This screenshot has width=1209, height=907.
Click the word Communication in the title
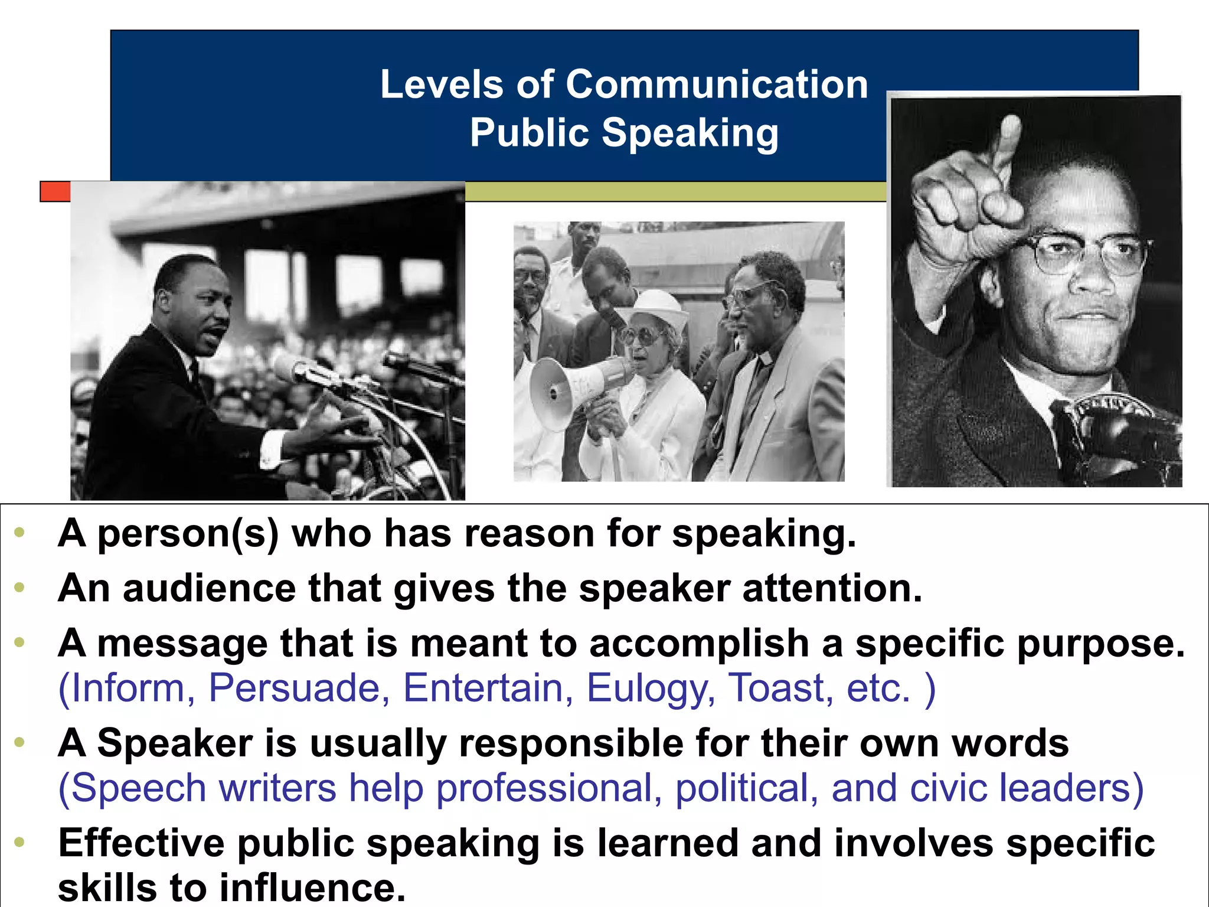click(x=717, y=84)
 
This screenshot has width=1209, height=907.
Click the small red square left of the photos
click(x=55, y=191)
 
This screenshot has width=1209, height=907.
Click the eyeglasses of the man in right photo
click(x=1086, y=254)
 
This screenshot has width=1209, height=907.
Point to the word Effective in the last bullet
click(x=141, y=843)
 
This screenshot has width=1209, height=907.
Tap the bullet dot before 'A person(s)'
click(x=19, y=533)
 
